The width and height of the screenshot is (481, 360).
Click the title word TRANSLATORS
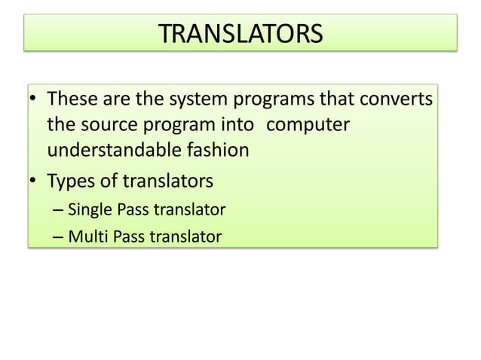coord(240,34)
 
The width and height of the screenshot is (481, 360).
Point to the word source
coord(109,124)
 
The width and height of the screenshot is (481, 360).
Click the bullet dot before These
coord(34,100)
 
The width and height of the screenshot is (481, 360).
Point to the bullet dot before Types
coord(34,182)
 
